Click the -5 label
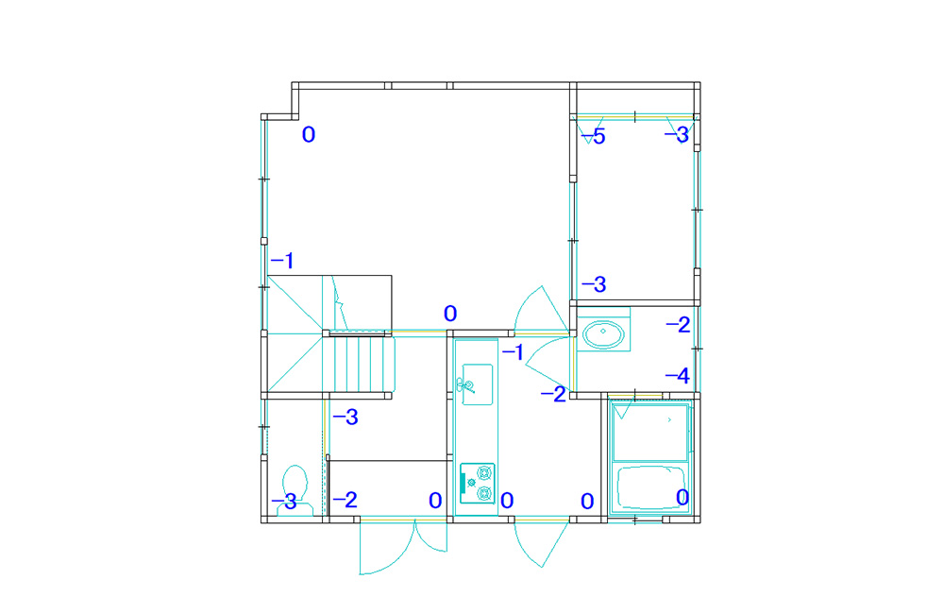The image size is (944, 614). point(594,137)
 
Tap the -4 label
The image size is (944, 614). point(677,376)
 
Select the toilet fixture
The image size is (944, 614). point(295,490)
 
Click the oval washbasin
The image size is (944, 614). point(603,334)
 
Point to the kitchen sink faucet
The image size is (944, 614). point(465,384)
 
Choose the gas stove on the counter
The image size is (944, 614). point(478,484)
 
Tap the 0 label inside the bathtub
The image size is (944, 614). point(683,497)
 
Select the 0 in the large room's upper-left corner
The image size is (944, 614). point(309,134)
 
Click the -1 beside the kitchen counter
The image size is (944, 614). point(513,352)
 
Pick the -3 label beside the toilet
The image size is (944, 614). point(284,502)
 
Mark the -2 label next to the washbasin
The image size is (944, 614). point(678,325)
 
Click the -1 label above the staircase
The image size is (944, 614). point(282,261)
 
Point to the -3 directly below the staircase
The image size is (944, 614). point(346,417)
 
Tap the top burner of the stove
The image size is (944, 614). point(484,473)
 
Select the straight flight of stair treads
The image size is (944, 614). point(360,365)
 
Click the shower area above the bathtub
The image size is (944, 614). point(650,432)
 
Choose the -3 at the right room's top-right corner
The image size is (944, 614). point(677,134)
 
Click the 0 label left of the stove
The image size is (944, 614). point(435,500)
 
